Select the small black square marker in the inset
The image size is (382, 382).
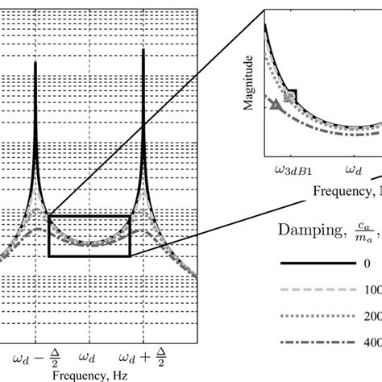point(292,96)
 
